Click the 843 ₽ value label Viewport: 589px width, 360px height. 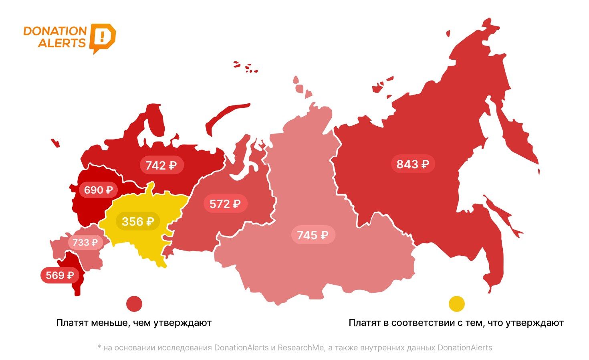[413, 164]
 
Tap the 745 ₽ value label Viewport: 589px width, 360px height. [313, 235]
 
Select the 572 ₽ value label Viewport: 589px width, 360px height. [225, 204]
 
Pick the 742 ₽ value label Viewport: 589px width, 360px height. [161, 165]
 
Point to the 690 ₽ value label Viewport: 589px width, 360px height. [98, 190]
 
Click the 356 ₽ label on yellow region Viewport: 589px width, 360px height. [138, 221]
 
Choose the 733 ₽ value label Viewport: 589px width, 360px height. [85, 242]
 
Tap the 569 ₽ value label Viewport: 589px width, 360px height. [60, 275]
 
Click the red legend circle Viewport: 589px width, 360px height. [134, 304]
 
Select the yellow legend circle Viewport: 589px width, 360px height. [456, 304]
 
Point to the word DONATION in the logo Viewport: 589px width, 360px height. [55, 31]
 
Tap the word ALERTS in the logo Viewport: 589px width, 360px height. [62, 43]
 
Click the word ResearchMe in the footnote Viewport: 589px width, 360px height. [301, 348]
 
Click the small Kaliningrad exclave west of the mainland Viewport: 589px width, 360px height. [55, 143]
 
